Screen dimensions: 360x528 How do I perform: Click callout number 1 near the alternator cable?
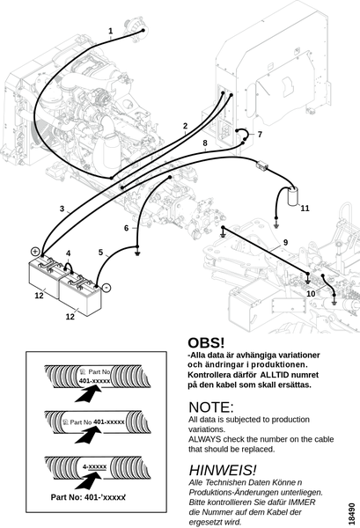110,31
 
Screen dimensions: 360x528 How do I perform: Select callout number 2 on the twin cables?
185,126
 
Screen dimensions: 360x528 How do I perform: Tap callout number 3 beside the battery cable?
62,209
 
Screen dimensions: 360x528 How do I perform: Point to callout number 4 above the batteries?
69,253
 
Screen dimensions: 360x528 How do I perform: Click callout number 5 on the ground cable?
100,253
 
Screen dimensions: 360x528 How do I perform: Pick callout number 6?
126,228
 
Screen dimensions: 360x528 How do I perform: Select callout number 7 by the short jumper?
260,135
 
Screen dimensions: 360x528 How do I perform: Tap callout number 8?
205,143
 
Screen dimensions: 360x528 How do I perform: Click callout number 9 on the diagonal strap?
285,243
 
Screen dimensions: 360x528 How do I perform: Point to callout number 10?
311,294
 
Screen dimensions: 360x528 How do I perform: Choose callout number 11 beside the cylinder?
305,209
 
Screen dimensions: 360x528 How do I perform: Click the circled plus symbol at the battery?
35,252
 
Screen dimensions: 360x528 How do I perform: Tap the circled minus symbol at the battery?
107,288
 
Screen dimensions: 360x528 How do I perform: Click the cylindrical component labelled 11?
293,196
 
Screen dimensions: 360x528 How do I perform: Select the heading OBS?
206,343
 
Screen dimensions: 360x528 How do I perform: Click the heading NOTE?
211,407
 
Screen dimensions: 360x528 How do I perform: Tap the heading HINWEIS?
223,470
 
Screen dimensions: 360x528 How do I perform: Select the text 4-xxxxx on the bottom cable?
95,466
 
